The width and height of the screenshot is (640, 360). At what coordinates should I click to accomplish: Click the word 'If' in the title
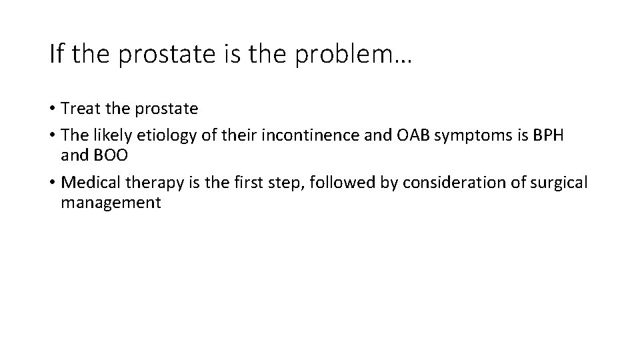pos(56,54)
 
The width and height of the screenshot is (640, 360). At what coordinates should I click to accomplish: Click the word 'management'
pos(111,203)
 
